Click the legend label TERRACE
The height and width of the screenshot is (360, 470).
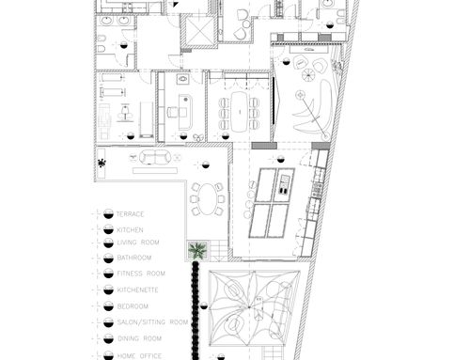click(130, 214)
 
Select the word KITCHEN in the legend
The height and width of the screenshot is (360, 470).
click(130, 230)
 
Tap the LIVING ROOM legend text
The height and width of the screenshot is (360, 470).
click(138, 243)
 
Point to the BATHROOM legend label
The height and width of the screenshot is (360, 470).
click(134, 258)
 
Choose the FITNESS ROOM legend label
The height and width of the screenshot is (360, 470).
click(141, 274)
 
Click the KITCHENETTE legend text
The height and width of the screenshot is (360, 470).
click(137, 290)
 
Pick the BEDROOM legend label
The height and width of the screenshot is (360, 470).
click(133, 306)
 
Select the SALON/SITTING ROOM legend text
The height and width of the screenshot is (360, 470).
click(152, 322)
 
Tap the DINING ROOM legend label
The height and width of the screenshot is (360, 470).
click(139, 338)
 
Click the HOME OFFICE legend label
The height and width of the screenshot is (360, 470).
click(139, 356)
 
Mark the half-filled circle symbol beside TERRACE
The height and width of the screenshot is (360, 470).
click(108, 214)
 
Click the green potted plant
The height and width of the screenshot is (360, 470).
click(197, 250)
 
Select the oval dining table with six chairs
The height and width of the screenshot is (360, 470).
click(208, 199)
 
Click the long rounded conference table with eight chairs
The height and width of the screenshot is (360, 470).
click(240, 112)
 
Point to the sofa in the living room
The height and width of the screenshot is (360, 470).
click(156, 157)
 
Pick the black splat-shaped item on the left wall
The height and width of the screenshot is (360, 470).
click(102, 163)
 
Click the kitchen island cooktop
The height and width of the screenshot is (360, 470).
click(285, 185)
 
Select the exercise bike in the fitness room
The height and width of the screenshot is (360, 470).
click(125, 114)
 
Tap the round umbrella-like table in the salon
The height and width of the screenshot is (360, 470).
click(307, 75)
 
